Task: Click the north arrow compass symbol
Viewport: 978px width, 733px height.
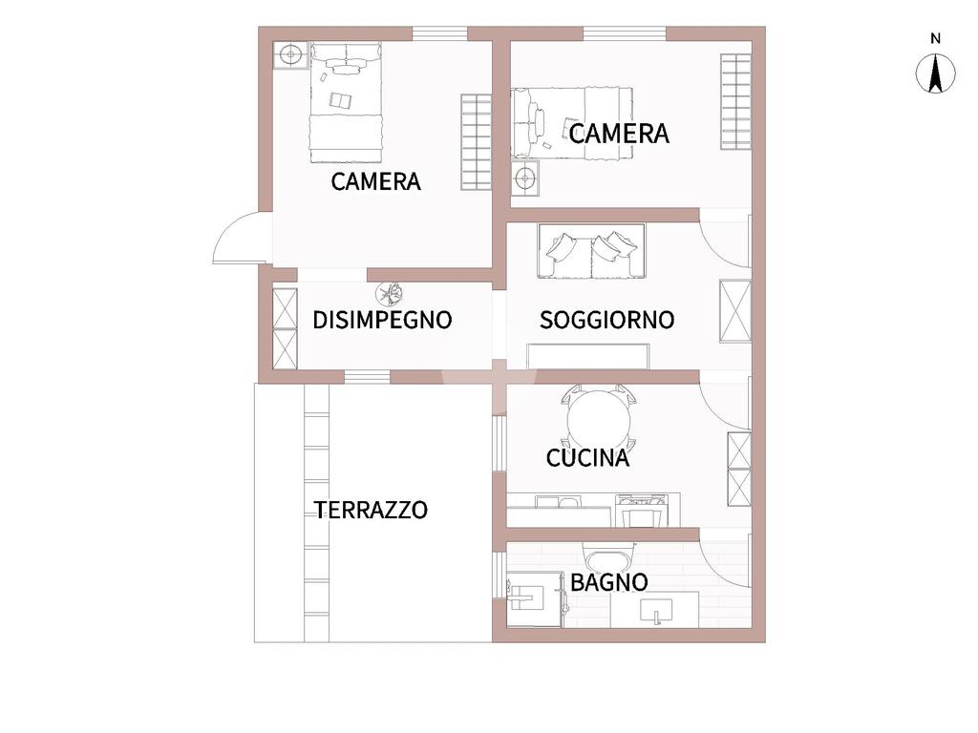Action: click(935, 73)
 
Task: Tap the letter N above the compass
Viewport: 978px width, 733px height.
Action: click(935, 38)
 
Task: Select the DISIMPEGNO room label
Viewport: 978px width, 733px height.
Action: click(382, 320)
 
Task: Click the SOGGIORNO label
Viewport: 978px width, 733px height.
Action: click(606, 320)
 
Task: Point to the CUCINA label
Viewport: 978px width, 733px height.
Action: click(587, 458)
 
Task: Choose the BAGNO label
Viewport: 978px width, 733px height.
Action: click(608, 583)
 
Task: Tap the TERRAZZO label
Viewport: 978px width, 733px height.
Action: click(372, 510)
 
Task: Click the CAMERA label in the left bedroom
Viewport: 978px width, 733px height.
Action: click(375, 181)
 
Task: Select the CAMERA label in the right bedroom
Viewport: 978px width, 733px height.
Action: click(619, 134)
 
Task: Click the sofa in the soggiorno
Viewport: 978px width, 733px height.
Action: click(591, 251)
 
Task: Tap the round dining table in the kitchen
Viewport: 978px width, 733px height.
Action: click(599, 419)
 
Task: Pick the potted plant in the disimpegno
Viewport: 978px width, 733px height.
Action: click(389, 293)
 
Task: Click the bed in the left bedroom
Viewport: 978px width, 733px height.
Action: click(346, 102)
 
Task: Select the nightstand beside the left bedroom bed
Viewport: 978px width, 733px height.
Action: click(290, 55)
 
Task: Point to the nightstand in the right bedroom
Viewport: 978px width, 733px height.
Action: click(525, 178)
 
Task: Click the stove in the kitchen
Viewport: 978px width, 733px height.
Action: click(640, 511)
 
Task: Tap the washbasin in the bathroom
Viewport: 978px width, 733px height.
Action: click(656, 611)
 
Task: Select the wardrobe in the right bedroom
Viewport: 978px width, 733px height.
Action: click(736, 101)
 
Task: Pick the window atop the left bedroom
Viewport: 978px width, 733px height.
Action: click(439, 33)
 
